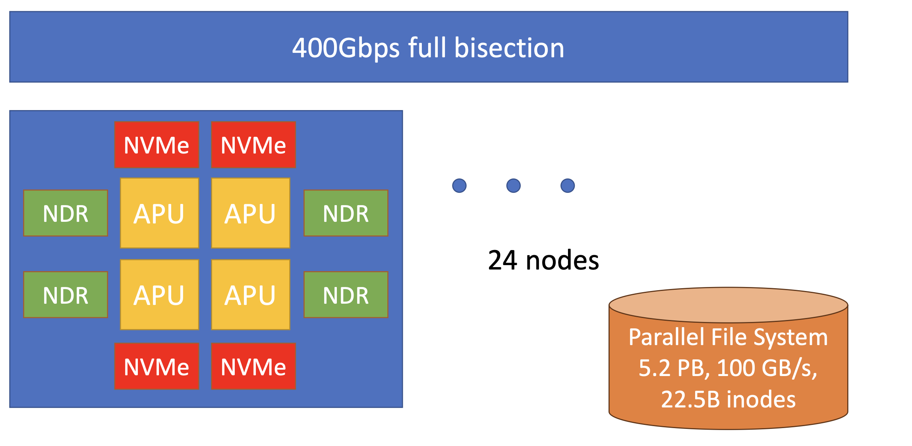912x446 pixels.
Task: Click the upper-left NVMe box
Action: pos(157,145)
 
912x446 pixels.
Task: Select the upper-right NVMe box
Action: pos(253,145)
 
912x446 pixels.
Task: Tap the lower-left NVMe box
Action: pos(157,366)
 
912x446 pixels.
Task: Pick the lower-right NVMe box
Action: pos(253,366)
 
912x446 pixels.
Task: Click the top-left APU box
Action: pos(159,213)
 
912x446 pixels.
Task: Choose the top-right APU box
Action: pos(251,213)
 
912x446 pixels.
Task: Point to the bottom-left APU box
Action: pos(159,295)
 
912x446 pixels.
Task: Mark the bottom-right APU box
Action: pos(251,295)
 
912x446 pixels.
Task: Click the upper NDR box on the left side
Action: pos(66,213)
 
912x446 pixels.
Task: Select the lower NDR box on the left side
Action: pos(66,295)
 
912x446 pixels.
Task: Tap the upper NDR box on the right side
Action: pos(346,213)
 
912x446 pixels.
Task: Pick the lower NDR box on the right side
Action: pos(346,295)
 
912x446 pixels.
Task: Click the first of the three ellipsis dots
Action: pos(459,186)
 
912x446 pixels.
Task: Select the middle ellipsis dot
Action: pos(513,186)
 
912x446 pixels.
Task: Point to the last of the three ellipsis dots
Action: pos(567,186)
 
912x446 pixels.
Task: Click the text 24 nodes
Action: pos(543,260)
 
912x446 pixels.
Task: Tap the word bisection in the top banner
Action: pos(509,48)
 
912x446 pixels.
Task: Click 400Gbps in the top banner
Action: pos(346,48)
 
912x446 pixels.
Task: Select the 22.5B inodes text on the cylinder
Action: pos(728,399)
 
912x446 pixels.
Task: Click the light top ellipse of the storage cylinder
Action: pos(728,305)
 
